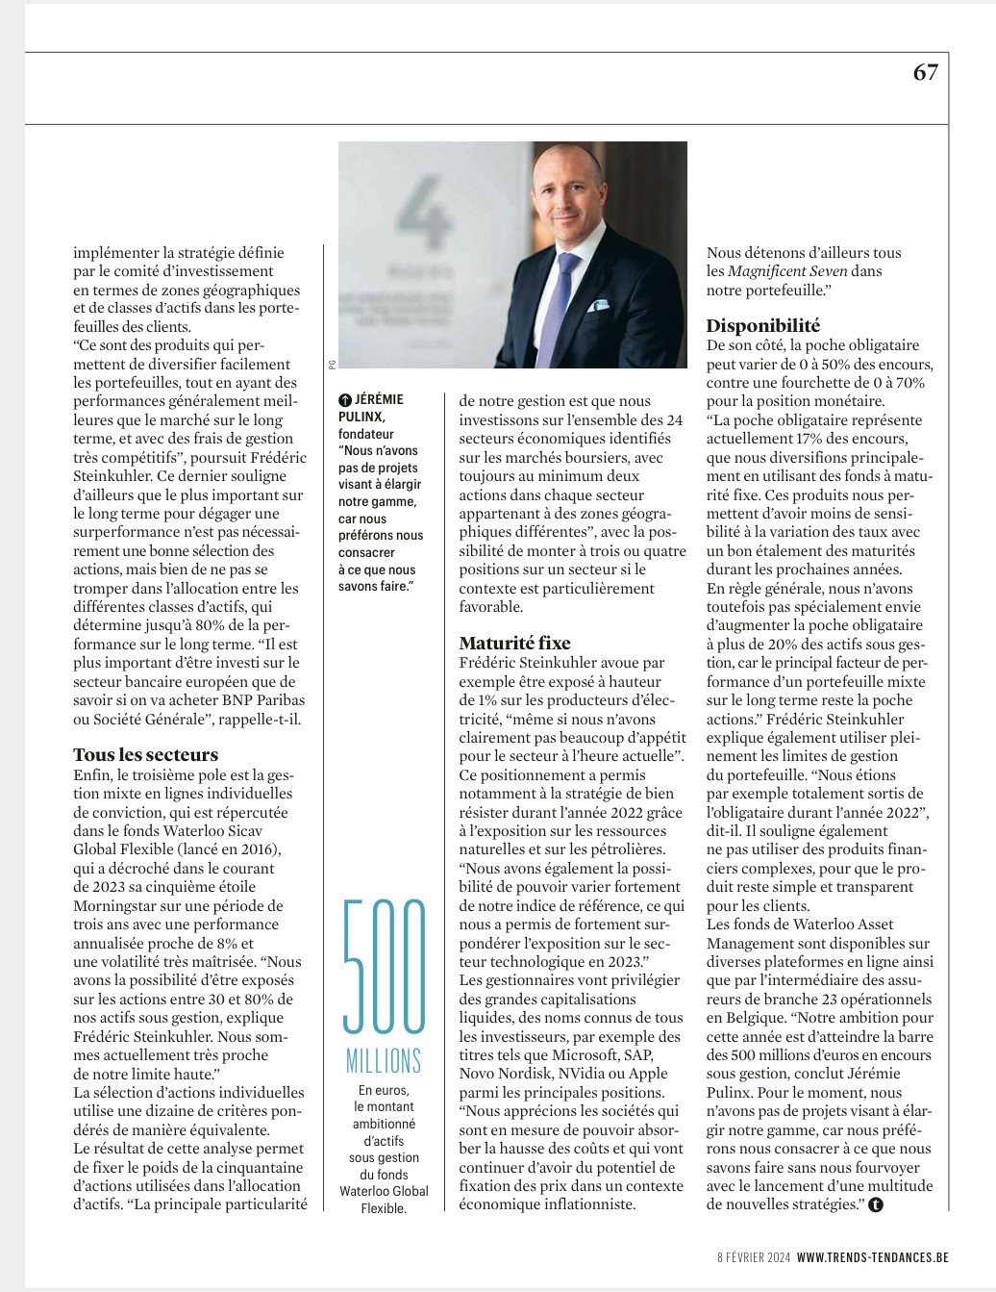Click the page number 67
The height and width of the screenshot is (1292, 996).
(x=925, y=72)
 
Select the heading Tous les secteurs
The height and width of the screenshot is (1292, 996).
(x=145, y=755)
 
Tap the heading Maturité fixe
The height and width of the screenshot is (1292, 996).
(x=514, y=644)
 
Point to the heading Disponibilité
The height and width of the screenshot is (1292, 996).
(x=763, y=326)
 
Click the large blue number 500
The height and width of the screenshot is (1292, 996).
(x=384, y=966)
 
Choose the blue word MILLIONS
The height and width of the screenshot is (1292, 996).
(x=384, y=1061)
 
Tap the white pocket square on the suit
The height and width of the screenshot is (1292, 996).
(x=598, y=306)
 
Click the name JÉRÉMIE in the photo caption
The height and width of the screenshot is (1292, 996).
(x=379, y=399)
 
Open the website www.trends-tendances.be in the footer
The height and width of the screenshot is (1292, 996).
(x=872, y=1257)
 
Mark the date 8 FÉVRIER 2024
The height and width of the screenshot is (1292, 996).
(x=754, y=1257)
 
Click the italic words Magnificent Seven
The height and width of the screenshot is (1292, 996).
(x=787, y=271)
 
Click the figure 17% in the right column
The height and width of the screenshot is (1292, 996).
(x=809, y=439)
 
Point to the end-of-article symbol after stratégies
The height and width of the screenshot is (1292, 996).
(x=875, y=1204)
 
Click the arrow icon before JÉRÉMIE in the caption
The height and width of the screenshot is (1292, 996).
(x=345, y=399)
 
